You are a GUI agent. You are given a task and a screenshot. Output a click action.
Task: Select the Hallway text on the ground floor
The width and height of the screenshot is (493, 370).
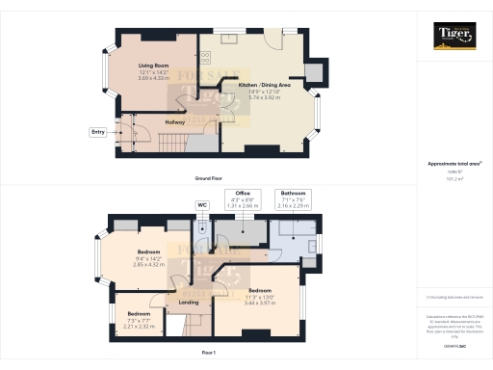[x=174, y=122]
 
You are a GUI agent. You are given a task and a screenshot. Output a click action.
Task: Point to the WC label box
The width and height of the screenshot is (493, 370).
[x=202, y=204]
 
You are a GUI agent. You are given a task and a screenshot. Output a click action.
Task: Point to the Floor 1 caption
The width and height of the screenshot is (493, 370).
[x=210, y=355]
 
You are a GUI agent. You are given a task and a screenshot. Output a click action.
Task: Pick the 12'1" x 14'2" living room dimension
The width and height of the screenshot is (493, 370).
[x=152, y=73]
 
